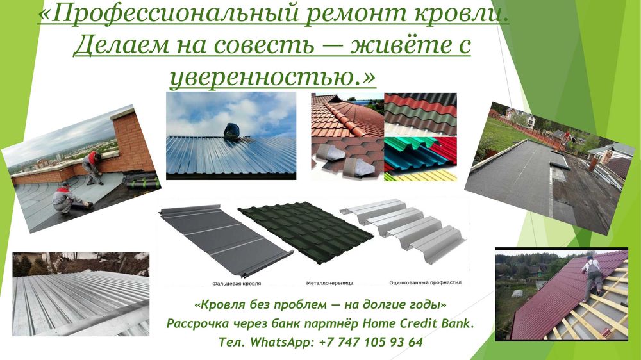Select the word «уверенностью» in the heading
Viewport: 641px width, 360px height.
pos(262,77)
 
